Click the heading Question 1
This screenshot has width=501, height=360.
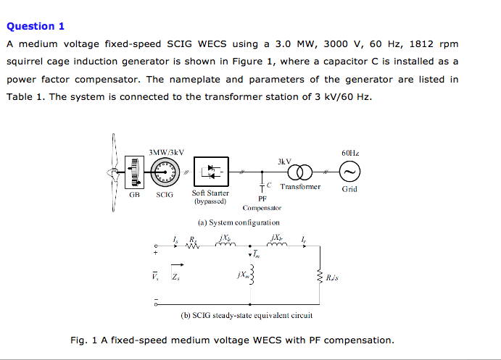[36, 26]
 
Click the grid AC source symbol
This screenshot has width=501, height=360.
[349, 172]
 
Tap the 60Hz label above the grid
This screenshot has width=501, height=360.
[349, 154]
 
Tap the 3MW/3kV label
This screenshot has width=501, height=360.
[166, 152]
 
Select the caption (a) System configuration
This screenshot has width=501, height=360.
[239, 222]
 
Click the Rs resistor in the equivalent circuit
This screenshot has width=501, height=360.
[193, 247]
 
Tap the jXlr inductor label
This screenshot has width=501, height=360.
[276, 238]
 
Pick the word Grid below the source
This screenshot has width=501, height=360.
[349, 190]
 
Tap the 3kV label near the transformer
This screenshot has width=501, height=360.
[283, 161]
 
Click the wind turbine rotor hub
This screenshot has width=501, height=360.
[114, 172]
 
